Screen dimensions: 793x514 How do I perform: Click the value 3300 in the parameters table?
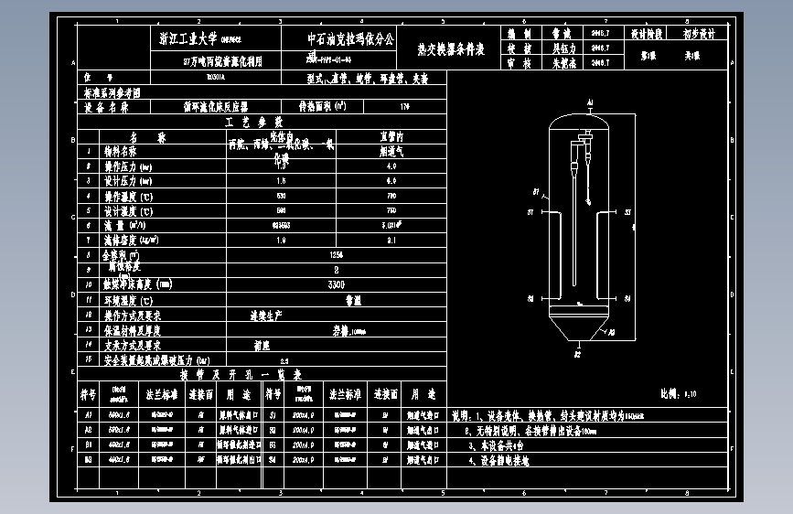[337, 284]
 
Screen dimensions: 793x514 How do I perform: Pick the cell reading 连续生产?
[265, 315]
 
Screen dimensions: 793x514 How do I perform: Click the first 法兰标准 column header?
[160, 394]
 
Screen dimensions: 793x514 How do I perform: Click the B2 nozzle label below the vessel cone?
[577, 352]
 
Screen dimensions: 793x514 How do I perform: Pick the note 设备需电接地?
[498, 463]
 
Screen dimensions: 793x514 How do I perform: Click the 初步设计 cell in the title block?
[700, 34]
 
